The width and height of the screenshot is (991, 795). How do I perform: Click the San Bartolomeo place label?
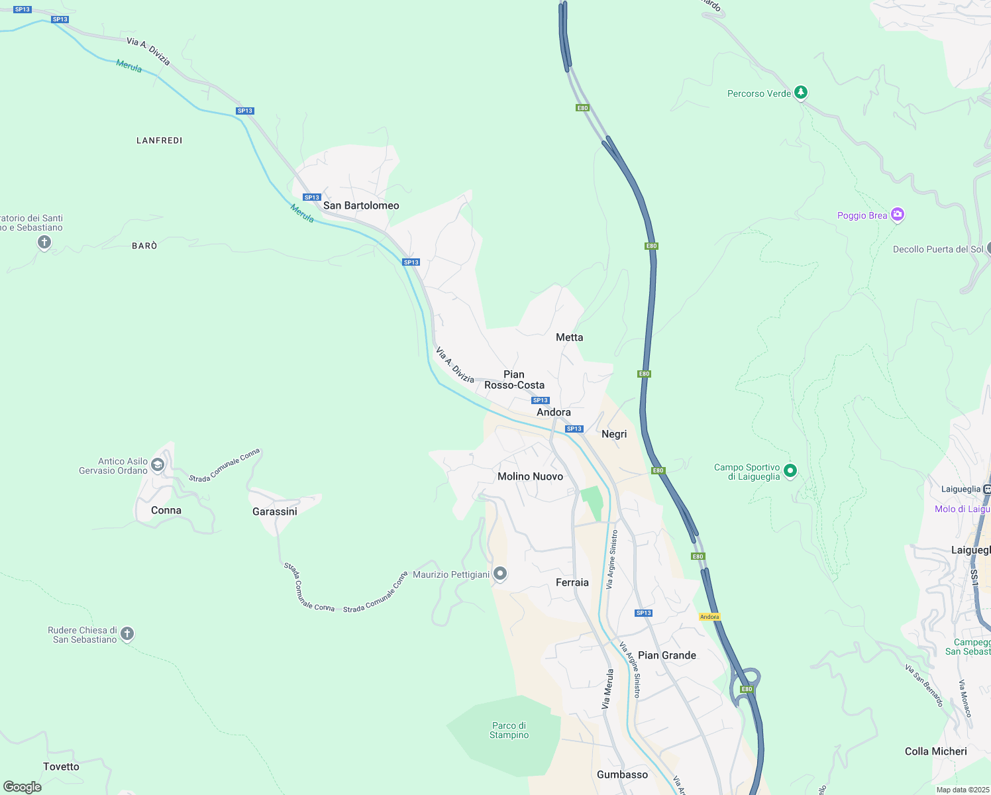[x=361, y=205]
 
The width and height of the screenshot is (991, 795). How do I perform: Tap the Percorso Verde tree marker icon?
[x=801, y=93]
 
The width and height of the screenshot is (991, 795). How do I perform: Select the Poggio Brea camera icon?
[x=898, y=214]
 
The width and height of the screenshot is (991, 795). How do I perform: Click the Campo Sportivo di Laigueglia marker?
[x=790, y=471]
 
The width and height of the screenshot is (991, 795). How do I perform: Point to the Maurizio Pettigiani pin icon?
[x=500, y=574]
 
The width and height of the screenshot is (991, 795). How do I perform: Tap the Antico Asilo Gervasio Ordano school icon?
[x=158, y=465]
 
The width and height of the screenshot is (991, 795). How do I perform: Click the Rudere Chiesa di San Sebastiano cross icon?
[x=127, y=634]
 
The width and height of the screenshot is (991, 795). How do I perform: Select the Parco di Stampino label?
[x=509, y=730]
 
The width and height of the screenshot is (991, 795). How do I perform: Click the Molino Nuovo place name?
[x=530, y=476]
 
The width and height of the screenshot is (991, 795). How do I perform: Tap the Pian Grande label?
[x=666, y=655]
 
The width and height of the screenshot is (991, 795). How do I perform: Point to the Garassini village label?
[x=275, y=511]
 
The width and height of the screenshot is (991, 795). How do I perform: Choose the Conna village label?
[x=166, y=510]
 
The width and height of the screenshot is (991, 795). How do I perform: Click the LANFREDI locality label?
[x=159, y=140]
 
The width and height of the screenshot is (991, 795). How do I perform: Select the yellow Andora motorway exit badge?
[x=709, y=617]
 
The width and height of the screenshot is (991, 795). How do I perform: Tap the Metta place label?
[x=569, y=337]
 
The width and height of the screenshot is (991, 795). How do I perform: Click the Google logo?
[x=23, y=786]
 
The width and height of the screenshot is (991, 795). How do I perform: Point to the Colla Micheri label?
[x=935, y=751]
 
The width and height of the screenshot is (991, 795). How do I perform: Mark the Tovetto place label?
[x=61, y=767]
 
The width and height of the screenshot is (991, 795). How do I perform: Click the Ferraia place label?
[x=572, y=582]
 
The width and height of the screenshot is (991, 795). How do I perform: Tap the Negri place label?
[x=613, y=434]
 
